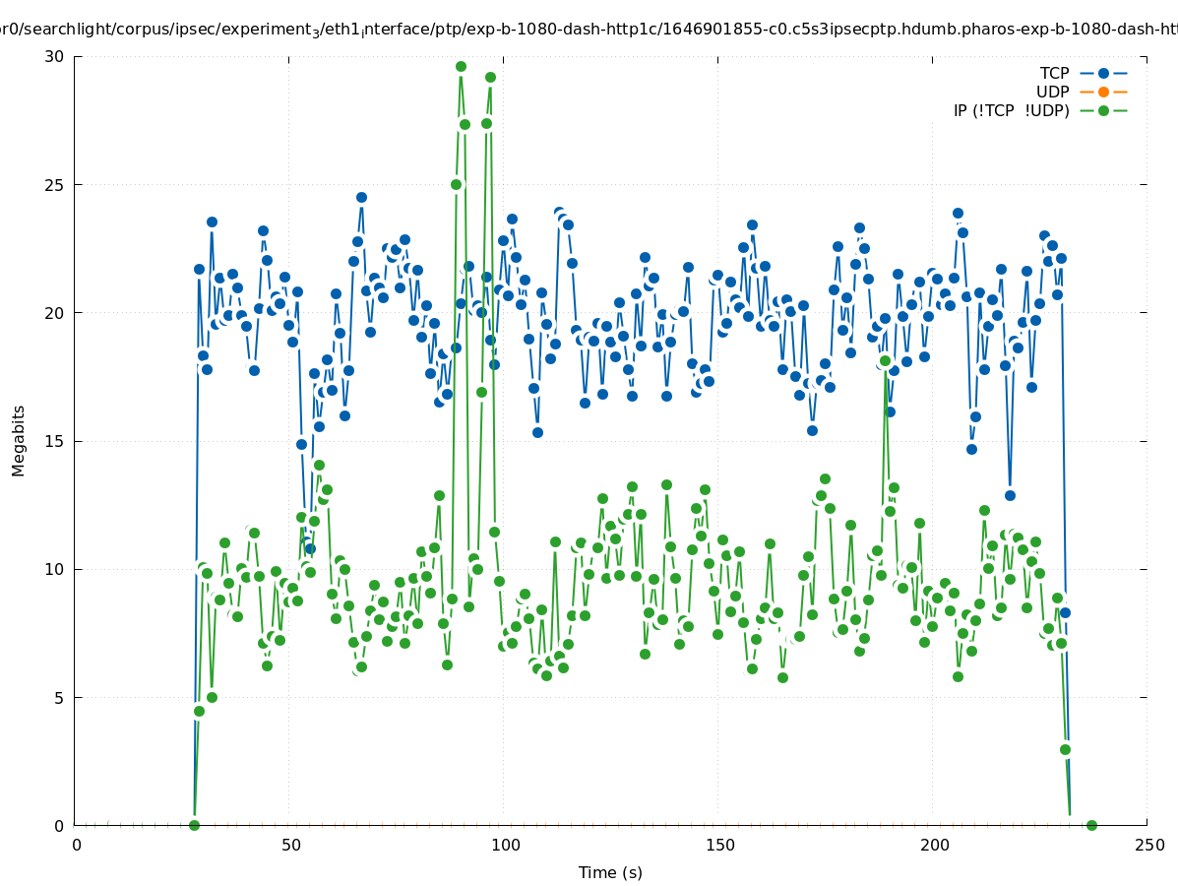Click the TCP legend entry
click(x=1054, y=73)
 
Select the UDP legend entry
click(x=1052, y=92)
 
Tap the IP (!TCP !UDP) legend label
click(x=1011, y=110)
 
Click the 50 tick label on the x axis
click(x=290, y=845)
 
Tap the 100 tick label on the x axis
click(x=505, y=845)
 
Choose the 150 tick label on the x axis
click(x=719, y=845)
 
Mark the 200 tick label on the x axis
click(x=934, y=845)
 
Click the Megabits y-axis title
click(x=19, y=440)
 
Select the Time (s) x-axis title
click(x=610, y=872)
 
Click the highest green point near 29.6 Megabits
click(x=461, y=67)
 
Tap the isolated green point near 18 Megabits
click(x=885, y=361)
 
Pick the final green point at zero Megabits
click(x=1090, y=825)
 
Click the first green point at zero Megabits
click(x=194, y=825)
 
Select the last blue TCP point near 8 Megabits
click(x=1065, y=612)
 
